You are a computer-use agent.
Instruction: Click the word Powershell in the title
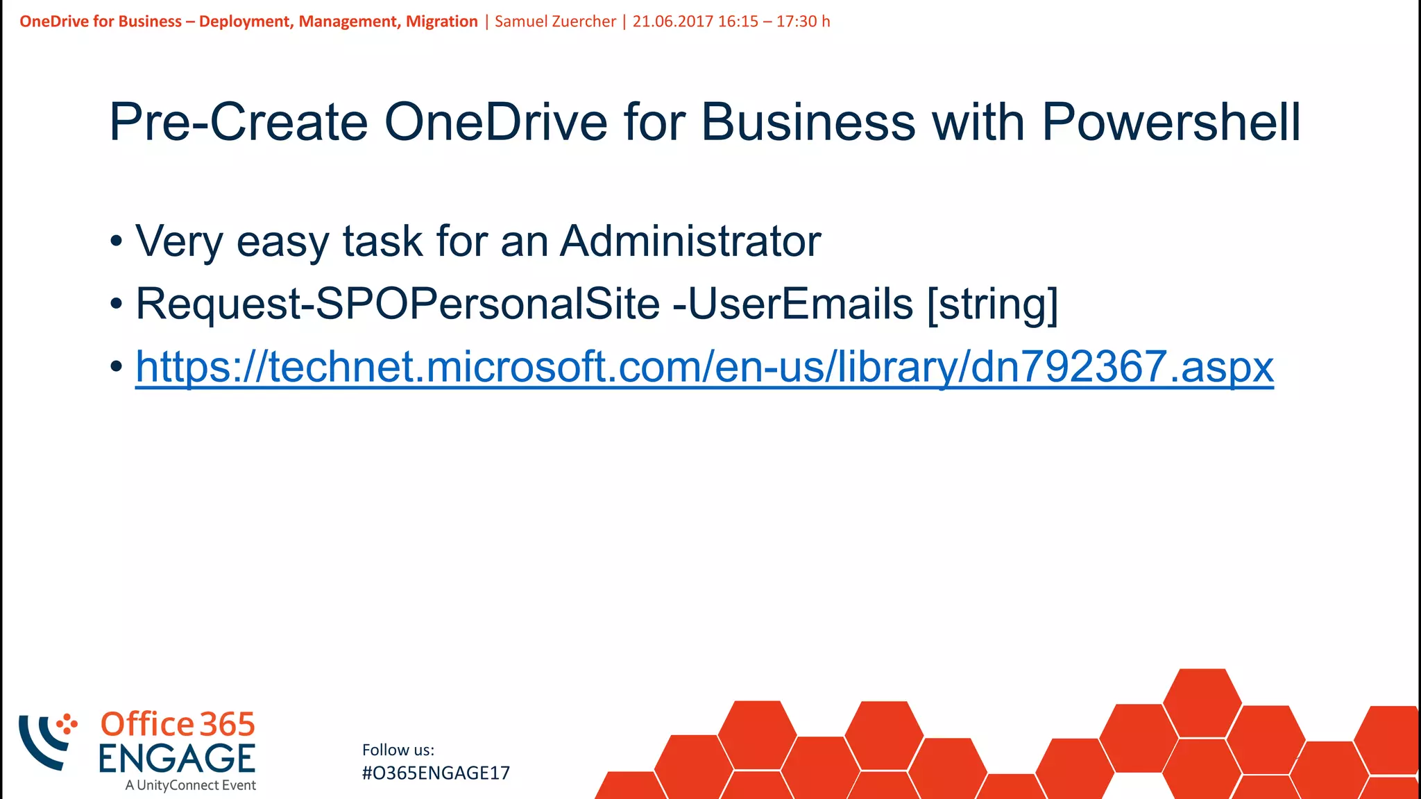tap(1171, 123)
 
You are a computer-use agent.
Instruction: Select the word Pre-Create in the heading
tap(238, 123)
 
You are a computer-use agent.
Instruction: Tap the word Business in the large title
tap(808, 123)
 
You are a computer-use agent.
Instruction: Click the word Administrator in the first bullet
tap(690, 241)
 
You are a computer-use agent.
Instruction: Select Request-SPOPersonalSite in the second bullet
tap(398, 304)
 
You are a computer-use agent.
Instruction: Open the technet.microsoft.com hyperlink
tap(704, 366)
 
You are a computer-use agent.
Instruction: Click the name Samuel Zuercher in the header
tap(555, 22)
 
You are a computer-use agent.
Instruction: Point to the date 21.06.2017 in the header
tap(672, 22)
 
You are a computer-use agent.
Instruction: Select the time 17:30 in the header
tap(797, 22)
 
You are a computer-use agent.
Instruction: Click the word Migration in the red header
tap(441, 22)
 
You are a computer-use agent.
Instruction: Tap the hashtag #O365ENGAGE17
tap(436, 773)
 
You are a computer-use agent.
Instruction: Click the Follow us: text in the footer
tap(398, 750)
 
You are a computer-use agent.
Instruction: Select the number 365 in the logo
tap(228, 725)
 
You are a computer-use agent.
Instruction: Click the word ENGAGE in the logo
tap(177, 758)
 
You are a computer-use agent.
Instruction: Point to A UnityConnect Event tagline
tap(191, 786)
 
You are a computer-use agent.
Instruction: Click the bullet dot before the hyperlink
tap(117, 366)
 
